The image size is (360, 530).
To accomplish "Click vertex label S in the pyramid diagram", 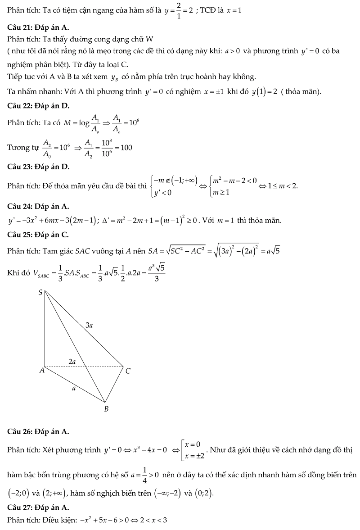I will [40, 293].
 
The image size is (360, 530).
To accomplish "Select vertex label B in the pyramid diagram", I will [106, 409].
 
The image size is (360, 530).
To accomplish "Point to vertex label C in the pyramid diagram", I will [128, 371].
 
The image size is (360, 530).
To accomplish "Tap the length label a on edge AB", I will [73, 388].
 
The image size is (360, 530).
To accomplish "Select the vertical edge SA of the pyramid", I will [45, 329].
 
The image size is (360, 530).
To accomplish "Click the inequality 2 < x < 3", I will [153, 520].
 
